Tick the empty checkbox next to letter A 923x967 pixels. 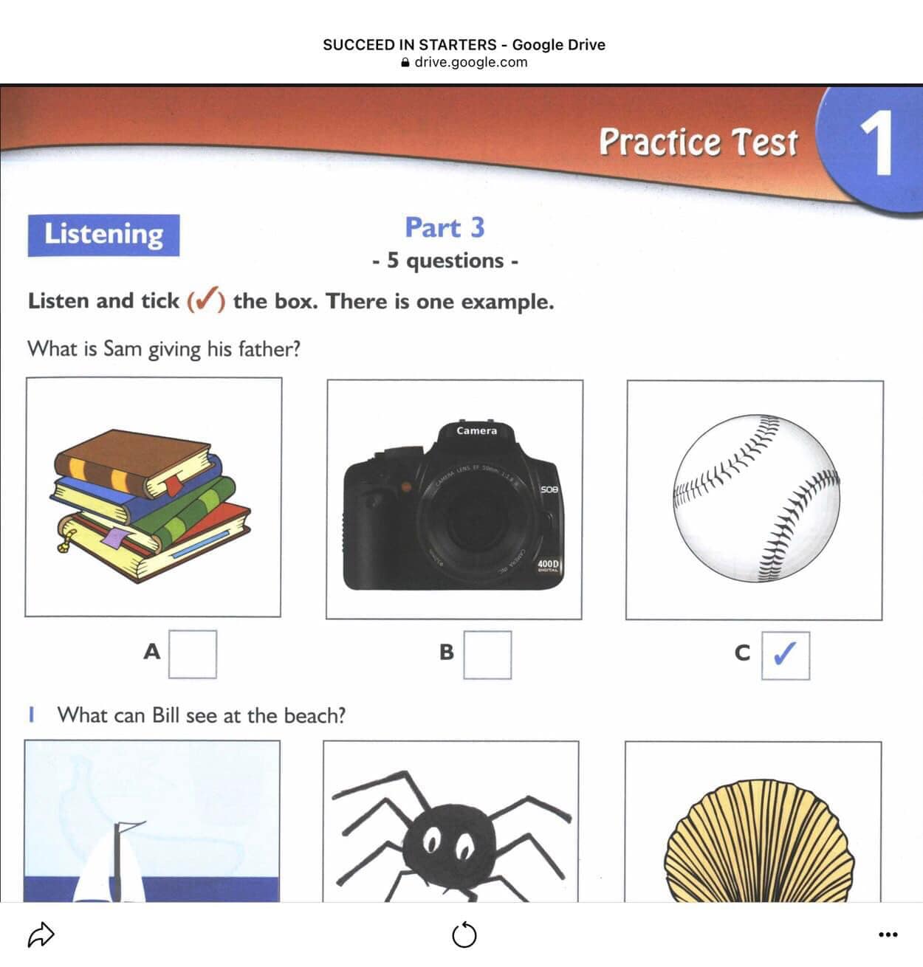tap(193, 654)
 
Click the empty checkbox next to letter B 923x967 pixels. tap(487, 655)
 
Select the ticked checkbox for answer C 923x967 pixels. tap(785, 655)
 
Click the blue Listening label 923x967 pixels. tap(103, 235)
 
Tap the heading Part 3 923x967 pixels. tap(445, 228)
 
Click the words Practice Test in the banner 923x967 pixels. tap(698, 142)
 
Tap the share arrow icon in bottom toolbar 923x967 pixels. tap(41, 934)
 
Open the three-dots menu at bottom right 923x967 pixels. tap(888, 934)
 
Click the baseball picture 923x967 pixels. tap(756, 498)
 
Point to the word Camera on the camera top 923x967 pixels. tap(476, 431)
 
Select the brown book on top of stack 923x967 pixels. tap(133, 460)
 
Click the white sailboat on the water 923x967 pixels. tap(110, 864)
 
